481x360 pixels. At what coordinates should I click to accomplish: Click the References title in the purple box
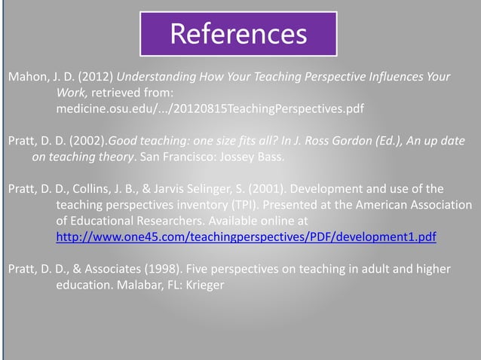[x=238, y=34]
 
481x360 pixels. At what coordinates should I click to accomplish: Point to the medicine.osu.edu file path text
[x=210, y=109]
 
